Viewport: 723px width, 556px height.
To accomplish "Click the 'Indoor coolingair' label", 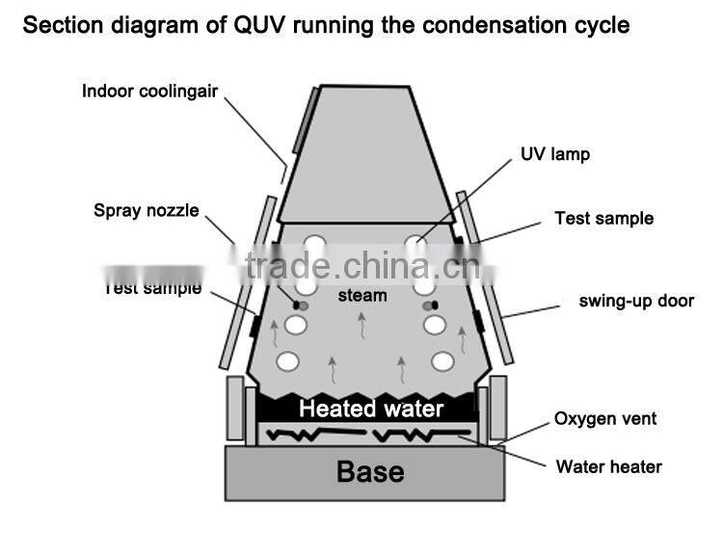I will (x=149, y=92).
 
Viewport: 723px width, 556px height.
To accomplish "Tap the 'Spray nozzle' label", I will (x=146, y=210).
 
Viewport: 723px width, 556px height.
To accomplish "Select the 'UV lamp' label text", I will (x=554, y=154).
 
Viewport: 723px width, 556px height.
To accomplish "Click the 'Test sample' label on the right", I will (x=603, y=219).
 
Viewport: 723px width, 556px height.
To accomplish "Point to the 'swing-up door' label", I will (x=636, y=301).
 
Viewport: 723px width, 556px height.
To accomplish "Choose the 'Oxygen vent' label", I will (x=605, y=419).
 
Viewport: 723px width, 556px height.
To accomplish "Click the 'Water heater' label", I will (x=608, y=467).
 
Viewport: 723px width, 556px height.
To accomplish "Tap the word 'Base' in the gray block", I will (x=370, y=472).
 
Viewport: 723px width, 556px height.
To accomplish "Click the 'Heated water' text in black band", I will (x=370, y=409).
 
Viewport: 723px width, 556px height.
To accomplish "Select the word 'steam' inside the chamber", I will (x=361, y=295).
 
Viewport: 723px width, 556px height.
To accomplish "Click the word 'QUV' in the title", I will (x=255, y=25).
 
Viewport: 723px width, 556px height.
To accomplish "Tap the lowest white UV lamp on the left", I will (x=287, y=362).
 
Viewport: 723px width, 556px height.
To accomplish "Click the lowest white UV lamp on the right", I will (x=442, y=362).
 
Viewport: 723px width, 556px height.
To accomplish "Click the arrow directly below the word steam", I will (x=362, y=327).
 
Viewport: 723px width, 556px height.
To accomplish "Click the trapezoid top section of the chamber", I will (x=369, y=154).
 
